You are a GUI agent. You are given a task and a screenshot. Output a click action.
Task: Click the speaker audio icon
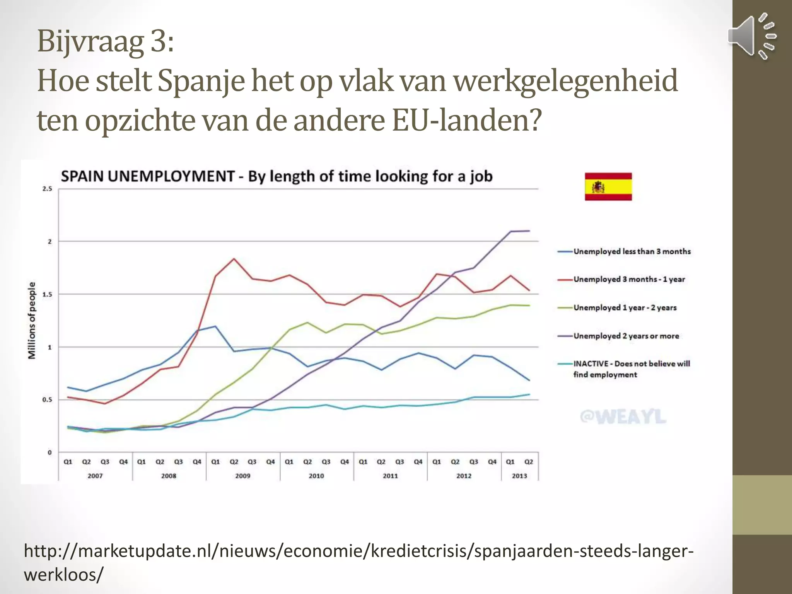point(752,36)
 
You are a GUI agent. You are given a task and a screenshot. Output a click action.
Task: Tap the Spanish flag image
point(608,187)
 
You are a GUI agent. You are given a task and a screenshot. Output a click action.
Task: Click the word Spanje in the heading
point(201,81)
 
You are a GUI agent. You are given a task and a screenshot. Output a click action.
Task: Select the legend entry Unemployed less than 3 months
point(632,251)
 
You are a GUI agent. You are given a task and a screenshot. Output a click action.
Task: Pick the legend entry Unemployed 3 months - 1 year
point(629,279)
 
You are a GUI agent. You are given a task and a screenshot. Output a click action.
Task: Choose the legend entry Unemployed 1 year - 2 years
point(625,308)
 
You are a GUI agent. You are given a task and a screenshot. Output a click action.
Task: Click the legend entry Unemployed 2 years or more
point(626,336)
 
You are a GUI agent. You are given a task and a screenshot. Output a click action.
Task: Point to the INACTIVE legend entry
point(631,369)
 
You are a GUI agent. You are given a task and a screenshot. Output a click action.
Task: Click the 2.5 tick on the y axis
point(47,189)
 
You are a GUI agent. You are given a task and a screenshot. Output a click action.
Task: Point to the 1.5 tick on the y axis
point(47,294)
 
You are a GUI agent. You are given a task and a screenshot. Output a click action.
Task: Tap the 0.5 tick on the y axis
point(47,399)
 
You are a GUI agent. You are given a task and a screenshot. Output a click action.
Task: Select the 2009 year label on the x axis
point(242,476)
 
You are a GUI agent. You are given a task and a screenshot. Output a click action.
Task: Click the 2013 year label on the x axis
point(519,476)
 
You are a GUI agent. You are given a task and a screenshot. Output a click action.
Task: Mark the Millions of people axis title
point(32,320)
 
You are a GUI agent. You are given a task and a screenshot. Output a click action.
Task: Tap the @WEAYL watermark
point(623,417)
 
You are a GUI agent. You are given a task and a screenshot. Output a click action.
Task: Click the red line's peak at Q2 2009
point(234,259)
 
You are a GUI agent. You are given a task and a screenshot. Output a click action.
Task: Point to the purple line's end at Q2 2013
point(529,231)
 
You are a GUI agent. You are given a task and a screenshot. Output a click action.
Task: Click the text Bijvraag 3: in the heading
point(105,41)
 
